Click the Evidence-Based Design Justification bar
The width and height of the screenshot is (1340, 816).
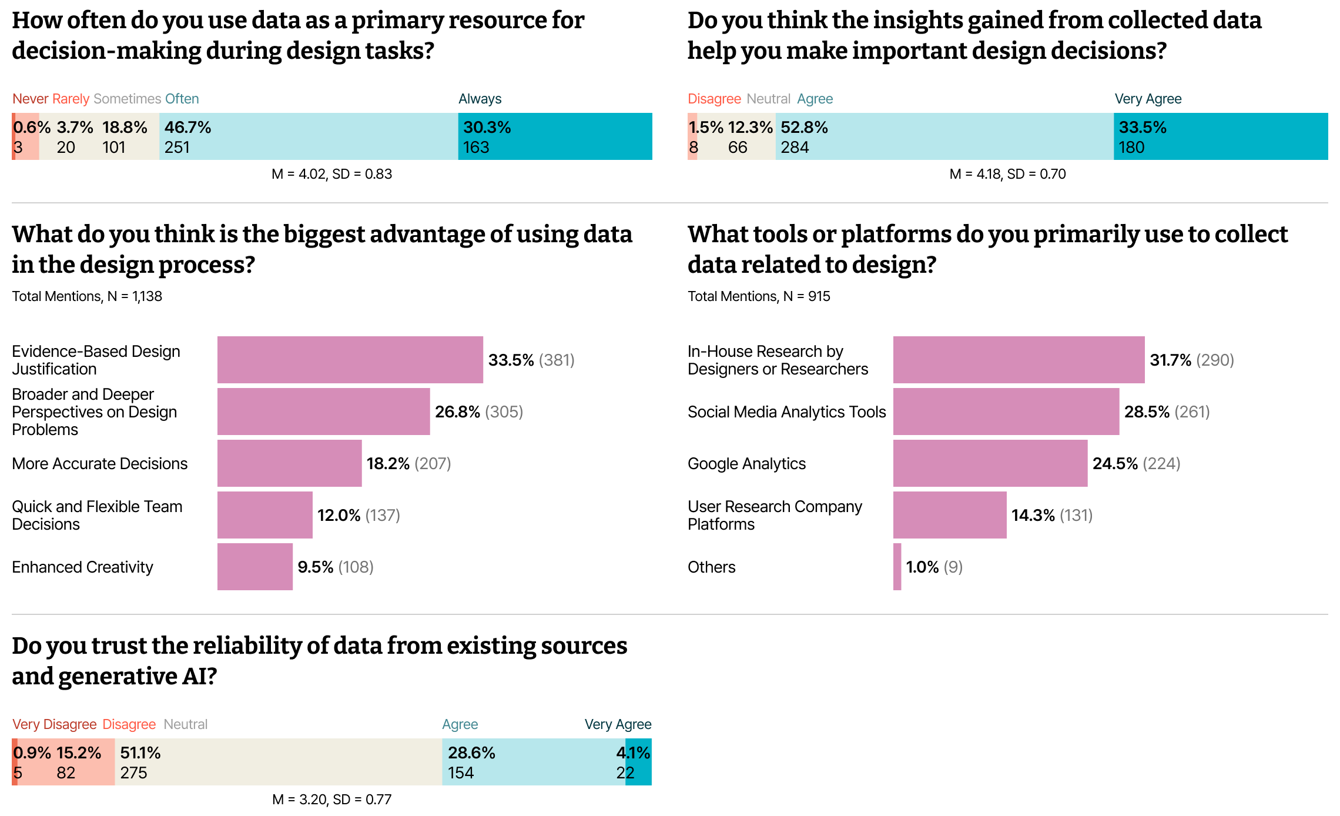tap(350, 360)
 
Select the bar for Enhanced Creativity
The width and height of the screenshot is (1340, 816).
tap(255, 567)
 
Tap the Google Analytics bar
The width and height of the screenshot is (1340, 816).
tap(990, 463)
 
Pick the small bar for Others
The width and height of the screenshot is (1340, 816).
tap(897, 567)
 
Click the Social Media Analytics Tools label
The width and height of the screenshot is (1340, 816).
tap(786, 412)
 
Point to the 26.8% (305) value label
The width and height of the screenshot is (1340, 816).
tap(479, 412)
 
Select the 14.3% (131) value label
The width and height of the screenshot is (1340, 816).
tap(1052, 515)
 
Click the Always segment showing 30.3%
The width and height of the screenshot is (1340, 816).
tap(555, 136)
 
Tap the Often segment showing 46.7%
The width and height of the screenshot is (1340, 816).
tap(309, 136)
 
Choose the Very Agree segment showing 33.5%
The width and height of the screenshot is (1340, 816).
tap(1221, 136)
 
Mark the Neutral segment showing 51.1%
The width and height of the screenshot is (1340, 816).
tap(279, 762)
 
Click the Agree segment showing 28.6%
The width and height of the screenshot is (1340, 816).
tap(534, 762)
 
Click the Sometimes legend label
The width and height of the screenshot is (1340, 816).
tap(127, 99)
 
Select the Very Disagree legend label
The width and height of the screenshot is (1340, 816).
tap(55, 724)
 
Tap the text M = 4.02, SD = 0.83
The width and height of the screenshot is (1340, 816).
tap(331, 174)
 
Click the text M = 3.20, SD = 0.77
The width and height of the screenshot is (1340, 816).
tap(331, 800)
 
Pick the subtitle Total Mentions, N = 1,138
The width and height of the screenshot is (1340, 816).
tap(87, 296)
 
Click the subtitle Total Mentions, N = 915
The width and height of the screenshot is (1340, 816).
tap(759, 296)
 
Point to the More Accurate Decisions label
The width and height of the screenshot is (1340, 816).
tap(100, 464)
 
